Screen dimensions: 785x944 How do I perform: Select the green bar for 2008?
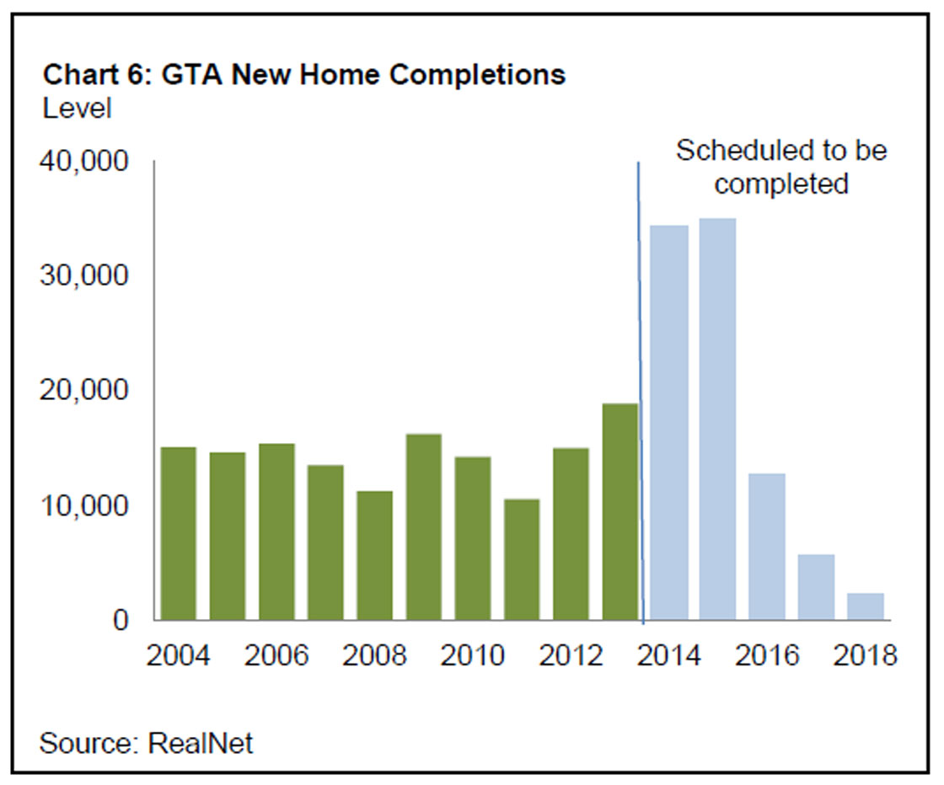pyautogui.click(x=374, y=555)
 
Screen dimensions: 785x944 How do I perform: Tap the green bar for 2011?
pyautogui.click(x=522, y=559)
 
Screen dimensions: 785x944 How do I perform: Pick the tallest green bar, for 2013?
pyautogui.click(x=619, y=511)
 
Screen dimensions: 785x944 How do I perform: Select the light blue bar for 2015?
pyautogui.click(x=717, y=419)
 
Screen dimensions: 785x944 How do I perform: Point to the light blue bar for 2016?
pyautogui.click(x=767, y=547)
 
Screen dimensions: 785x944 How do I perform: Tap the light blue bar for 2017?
pyautogui.click(x=816, y=587)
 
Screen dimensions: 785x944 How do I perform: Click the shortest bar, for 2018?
pyautogui.click(x=865, y=606)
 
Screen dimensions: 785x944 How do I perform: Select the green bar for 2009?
pyautogui.click(x=423, y=526)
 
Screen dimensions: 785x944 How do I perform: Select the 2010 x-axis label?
pyautogui.click(x=472, y=654)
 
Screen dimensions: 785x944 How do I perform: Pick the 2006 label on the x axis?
pyautogui.click(x=277, y=654)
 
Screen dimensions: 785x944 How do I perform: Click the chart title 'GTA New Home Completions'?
pyautogui.click(x=304, y=75)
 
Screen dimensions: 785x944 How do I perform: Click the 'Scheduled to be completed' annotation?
pyautogui.click(x=780, y=167)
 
